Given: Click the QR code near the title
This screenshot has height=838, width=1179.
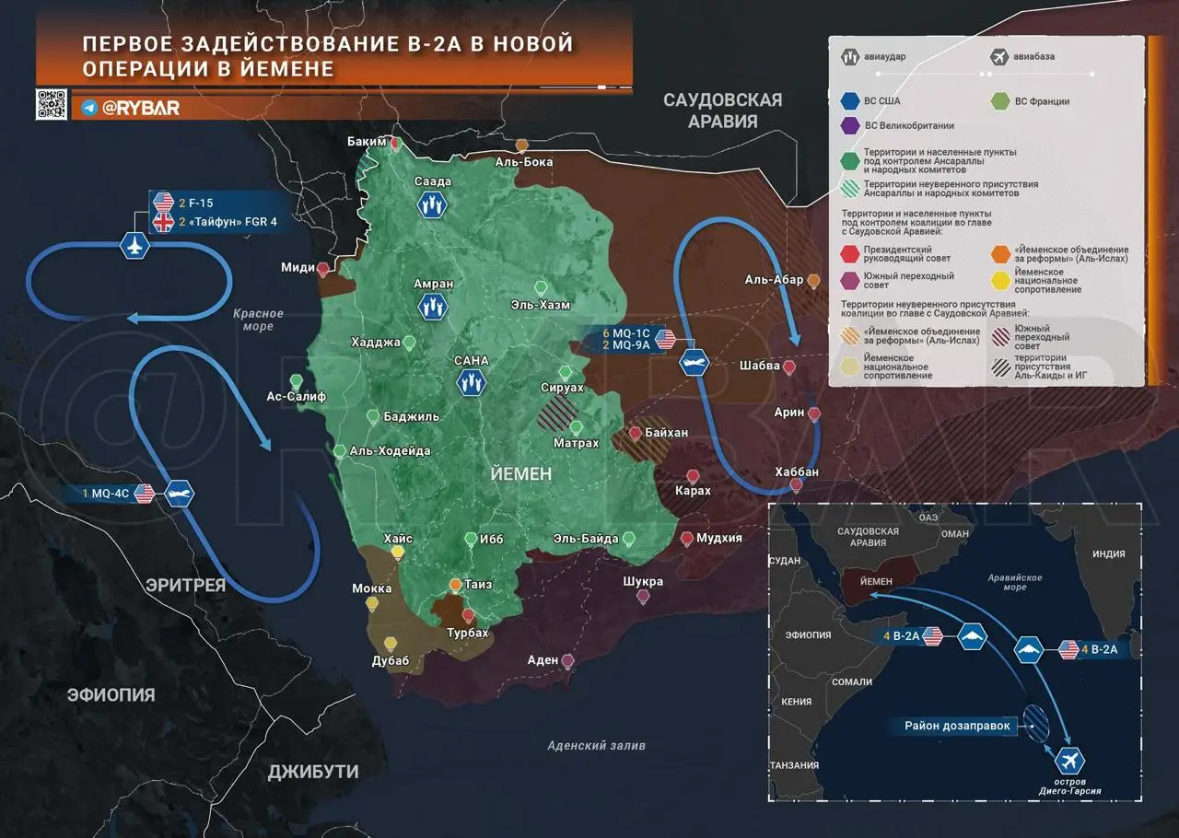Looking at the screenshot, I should [52, 105].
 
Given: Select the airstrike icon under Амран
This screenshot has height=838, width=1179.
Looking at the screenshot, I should [432, 307].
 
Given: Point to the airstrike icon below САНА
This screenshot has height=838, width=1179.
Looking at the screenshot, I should [472, 382].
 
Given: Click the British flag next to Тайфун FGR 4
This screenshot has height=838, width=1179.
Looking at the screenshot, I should [163, 222].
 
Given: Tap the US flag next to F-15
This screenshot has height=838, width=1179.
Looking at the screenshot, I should [163, 202].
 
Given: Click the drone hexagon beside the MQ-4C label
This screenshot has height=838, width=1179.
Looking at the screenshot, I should [180, 494].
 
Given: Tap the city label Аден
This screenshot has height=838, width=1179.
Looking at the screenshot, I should [543, 660].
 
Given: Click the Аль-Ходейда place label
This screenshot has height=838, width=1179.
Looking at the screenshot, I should [390, 451].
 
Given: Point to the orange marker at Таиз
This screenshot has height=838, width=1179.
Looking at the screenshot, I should [455, 585].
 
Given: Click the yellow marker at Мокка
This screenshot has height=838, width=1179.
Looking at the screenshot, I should [372, 604].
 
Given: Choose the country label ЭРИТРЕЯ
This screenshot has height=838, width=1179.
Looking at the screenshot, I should [184, 585].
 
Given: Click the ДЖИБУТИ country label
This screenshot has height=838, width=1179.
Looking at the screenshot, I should [313, 772].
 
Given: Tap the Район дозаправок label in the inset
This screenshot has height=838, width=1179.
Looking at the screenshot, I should [957, 726].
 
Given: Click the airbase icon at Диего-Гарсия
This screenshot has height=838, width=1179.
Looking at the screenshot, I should [1070, 762].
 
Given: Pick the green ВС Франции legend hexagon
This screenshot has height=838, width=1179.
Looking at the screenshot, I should [999, 101].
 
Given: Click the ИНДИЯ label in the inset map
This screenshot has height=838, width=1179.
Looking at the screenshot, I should [1108, 554].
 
